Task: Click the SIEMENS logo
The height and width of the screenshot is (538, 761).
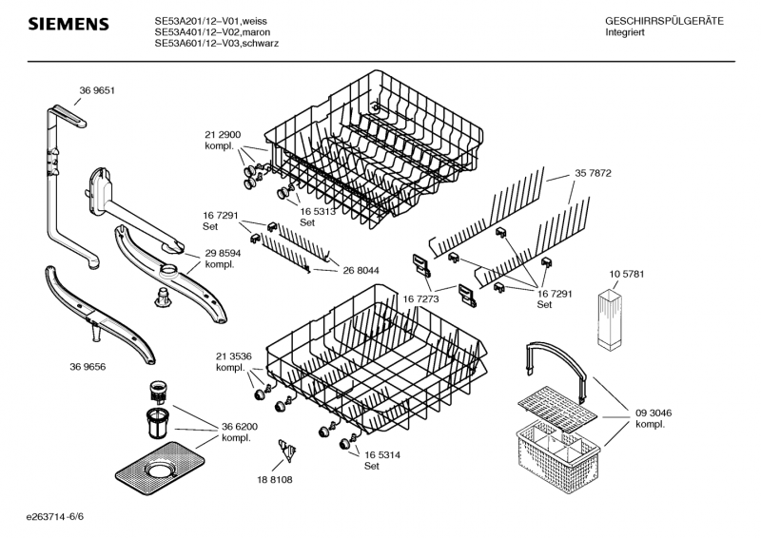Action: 68,23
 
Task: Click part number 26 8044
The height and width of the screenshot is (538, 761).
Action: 361,270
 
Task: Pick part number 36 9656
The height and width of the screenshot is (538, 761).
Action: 87,367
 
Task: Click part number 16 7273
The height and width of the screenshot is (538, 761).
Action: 420,298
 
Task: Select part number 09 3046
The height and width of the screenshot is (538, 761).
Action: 654,413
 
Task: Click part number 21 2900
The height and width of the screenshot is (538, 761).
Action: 223,135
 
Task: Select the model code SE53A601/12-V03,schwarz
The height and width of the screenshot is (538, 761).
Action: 216,44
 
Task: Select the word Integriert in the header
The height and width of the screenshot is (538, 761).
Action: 626,32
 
